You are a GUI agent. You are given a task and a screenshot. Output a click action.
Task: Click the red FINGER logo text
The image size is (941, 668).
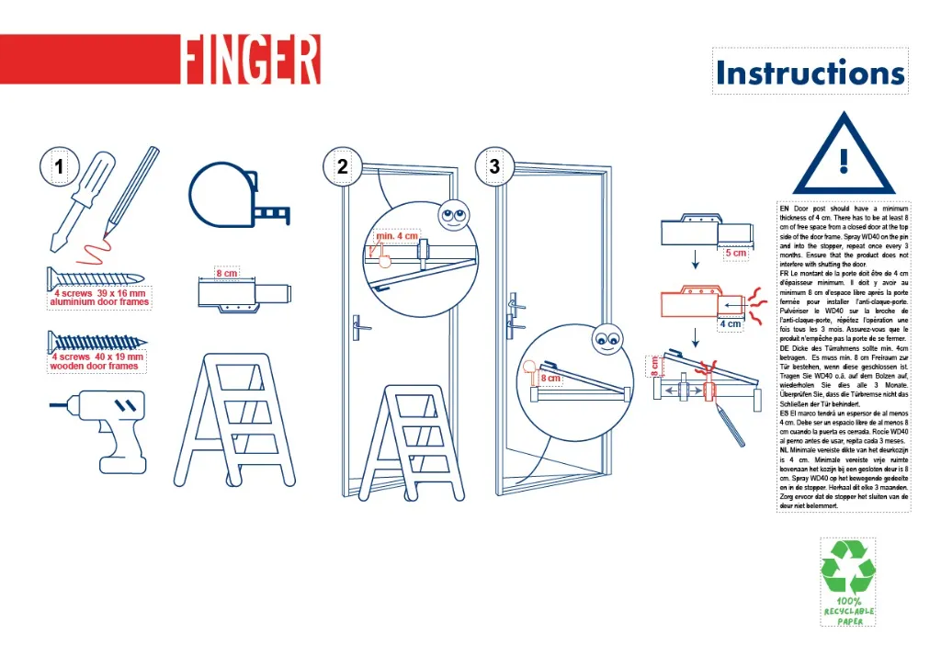(250, 60)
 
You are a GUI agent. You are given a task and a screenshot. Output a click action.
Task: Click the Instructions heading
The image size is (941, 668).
(810, 72)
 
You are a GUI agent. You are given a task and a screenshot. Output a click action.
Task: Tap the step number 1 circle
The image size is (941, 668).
(59, 167)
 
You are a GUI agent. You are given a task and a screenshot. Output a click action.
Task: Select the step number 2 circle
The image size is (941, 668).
(343, 167)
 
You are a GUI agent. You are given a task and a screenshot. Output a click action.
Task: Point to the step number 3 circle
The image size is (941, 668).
(495, 167)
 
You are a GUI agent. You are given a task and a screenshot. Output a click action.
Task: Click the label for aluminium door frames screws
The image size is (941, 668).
(99, 297)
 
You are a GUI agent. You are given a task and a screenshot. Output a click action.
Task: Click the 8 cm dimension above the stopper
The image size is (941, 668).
(226, 273)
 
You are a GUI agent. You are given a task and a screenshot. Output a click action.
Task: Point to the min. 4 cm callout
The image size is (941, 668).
(397, 236)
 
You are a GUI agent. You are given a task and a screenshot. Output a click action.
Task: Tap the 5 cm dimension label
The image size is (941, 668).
(735, 253)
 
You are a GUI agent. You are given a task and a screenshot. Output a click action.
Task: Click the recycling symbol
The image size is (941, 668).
(847, 566)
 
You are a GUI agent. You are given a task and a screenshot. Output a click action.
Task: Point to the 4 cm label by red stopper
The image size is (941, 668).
(731, 323)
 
